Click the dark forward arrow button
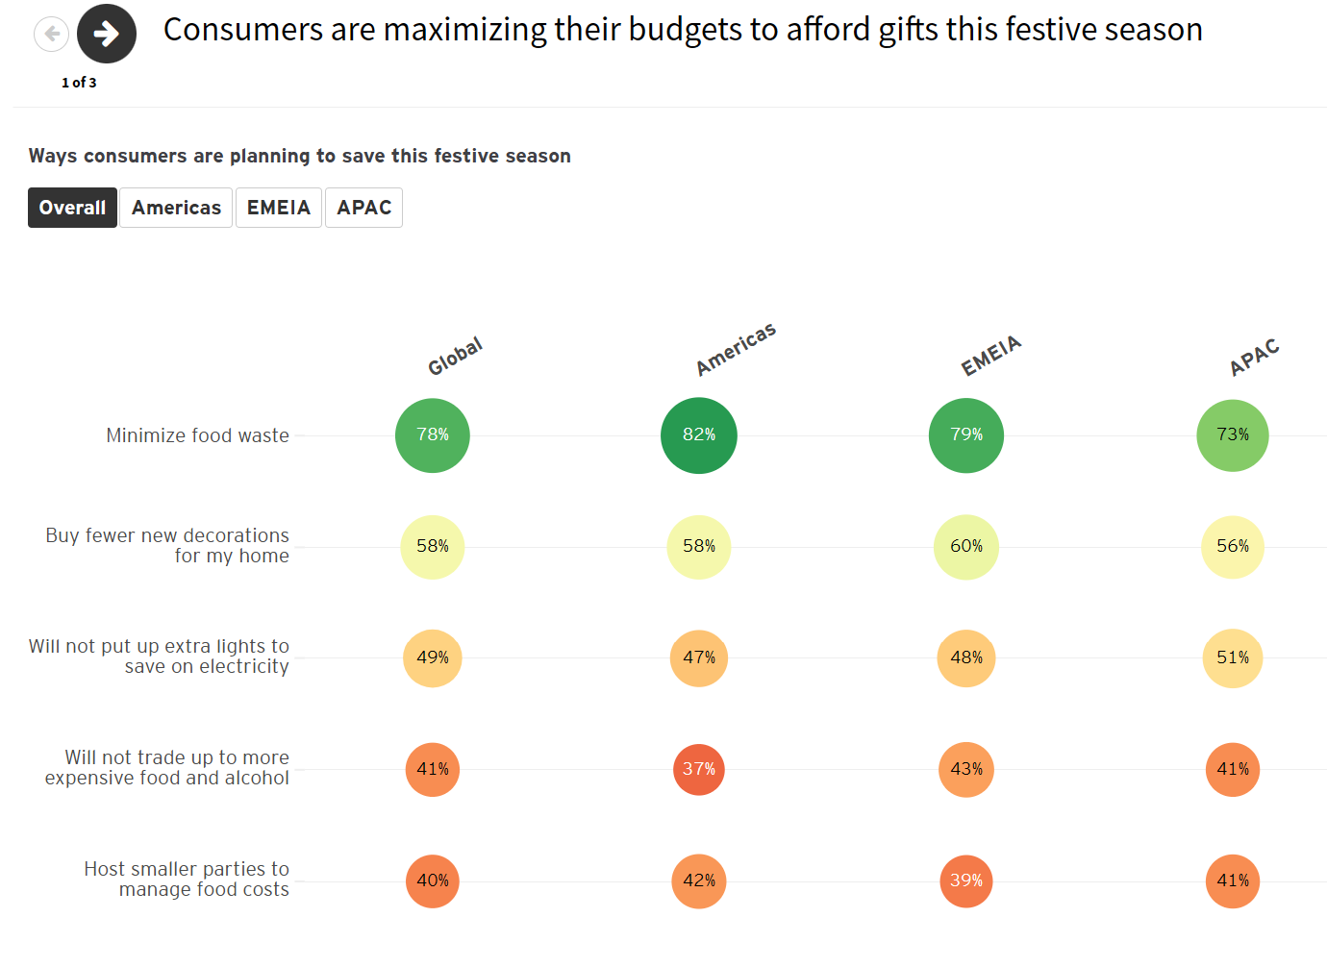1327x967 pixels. pyautogui.click(x=107, y=34)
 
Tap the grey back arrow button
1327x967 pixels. pyautogui.click(x=51, y=35)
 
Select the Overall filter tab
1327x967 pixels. pyautogui.click(x=72, y=208)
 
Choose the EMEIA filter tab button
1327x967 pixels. pyautogui.click(x=279, y=208)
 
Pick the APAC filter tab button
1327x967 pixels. pyautogui.click(x=363, y=208)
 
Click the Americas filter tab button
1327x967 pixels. pyautogui.click(x=176, y=208)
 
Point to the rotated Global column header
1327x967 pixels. pyautogui.click(x=455, y=357)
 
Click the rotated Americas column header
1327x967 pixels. pyautogui.click(x=736, y=350)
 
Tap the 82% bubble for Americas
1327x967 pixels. pyautogui.click(x=699, y=435)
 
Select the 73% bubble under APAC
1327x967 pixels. pyautogui.click(x=1233, y=435)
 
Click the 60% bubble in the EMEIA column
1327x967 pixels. pyautogui.click(x=966, y=547)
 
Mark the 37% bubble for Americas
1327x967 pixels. pyautogui.click(x=699, y=770)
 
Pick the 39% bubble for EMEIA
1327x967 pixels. pyautogui.click(x=966, y=881)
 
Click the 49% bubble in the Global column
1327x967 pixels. pyautogui.click(x=433, y=658)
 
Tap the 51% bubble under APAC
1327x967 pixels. pyautogui.click(x=1233, y=658)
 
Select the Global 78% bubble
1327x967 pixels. pyautogui.click(x=433, y=435)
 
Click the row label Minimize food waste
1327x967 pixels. pyautogui.click(x=197, y=436)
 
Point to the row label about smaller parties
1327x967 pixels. pyautogui.click(x=187, y=880)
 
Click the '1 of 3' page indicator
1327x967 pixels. pyautogui.click(x=79, y=83)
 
